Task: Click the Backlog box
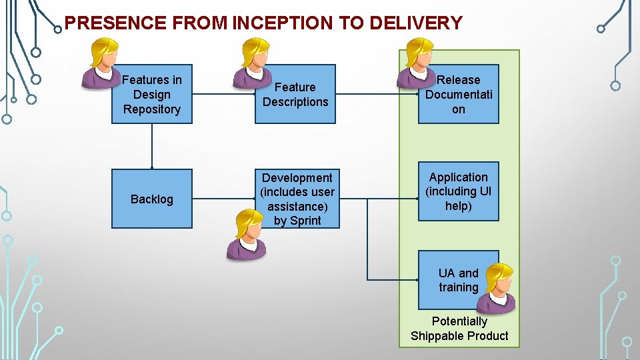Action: (x=151, y=199)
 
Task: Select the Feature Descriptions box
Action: (x=295, y=94)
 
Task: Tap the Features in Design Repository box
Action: (x=151, y=94)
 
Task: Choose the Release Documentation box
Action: (x=458, y=94)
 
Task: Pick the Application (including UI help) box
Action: (x=458, y=191)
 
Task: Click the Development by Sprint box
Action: (x=297, y=199)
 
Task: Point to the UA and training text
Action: (x=458, y=280)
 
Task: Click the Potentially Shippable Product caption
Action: (x=459, y=329)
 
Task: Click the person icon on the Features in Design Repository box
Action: (x=102, y=63)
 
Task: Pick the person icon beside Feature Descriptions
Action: (x=253, y=63)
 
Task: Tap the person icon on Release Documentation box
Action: (x=417, y=63)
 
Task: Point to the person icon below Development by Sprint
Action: (x=246, y=234)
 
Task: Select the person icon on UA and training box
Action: (x=497, y=287)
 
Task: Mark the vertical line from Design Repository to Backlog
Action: (x=152, y=145)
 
